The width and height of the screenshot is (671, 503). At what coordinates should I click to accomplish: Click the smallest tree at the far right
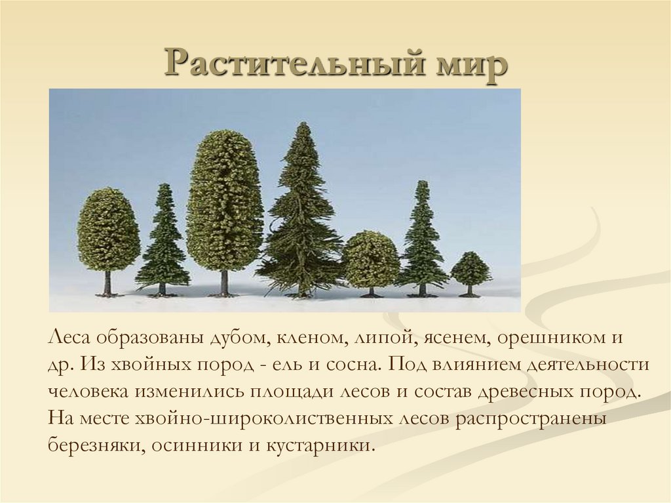pos(470,270)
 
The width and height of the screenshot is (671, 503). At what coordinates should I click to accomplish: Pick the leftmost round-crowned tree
pos(108,230)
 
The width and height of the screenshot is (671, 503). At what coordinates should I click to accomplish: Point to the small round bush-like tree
pos(370,259)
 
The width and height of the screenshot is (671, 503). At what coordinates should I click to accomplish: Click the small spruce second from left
pos(163,243)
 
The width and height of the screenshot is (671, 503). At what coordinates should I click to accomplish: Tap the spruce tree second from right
pos(422,239)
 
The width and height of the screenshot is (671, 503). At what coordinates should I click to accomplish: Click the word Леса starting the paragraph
pos(68,339)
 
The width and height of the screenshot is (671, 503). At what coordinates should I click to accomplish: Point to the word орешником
pos(548,339)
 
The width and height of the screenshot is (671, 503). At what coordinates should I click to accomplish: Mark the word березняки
pos(94,445)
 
